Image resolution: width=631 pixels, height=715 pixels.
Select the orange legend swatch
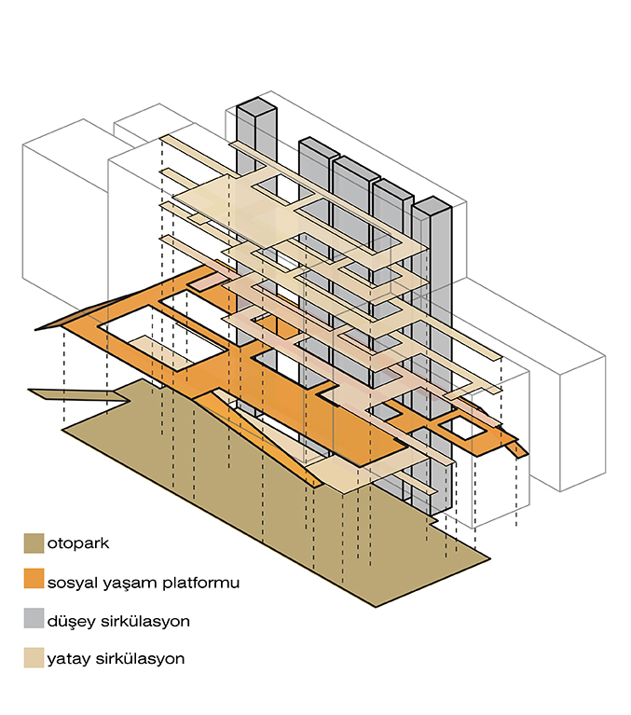(34, 581)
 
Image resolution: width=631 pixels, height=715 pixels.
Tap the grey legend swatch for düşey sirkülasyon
(34, 619)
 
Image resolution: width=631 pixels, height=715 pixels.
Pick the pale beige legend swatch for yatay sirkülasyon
(34, 657)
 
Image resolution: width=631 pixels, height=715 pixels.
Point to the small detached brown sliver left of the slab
(56, 393)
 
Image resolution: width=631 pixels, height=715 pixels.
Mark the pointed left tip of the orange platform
(37, 328)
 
